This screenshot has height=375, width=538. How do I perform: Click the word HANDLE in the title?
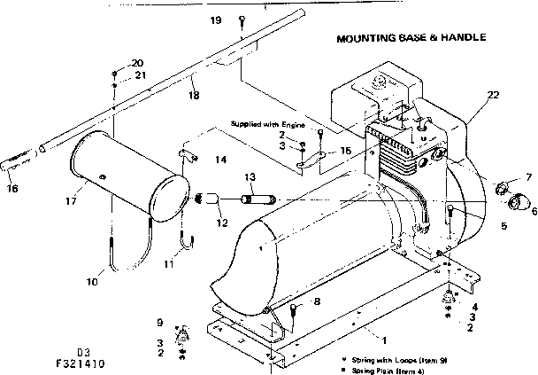(x=462, y=39)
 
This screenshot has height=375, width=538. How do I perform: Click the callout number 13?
(x=250, y=177)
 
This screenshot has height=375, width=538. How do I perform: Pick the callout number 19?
(x=215, y=20)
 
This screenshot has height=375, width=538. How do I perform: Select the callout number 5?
(x=479, y=225)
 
